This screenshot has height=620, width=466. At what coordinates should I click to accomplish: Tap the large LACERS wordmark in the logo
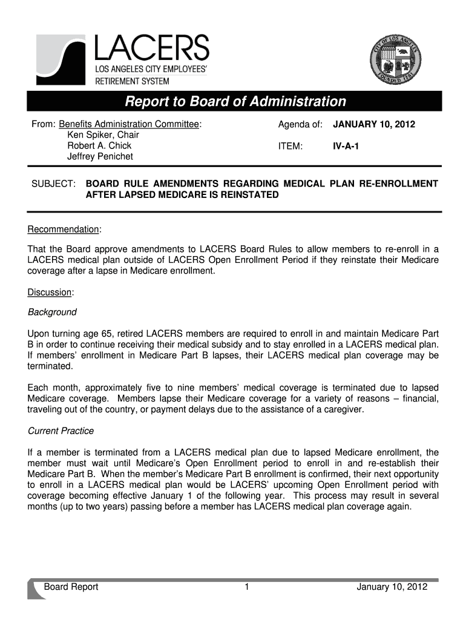pyautogui.click(x=151, y=48)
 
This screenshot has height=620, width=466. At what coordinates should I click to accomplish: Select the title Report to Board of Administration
pyautogui.click(x=235, y=101)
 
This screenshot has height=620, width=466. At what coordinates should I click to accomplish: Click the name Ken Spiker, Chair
pyautogui.click(x=103, y=135)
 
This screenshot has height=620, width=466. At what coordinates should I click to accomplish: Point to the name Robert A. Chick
pyautogui.click(x=99, y=146)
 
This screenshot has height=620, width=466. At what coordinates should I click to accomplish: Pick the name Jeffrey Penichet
pyautogui.click(x=100, y=157)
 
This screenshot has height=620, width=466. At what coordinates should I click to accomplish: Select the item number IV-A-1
pyautogui.click(x=346, y=146)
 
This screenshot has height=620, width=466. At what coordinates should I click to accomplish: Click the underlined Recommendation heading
pyautogui.click(x=64, y=229)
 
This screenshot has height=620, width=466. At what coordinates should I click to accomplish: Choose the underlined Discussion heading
pyautogui.click(x=50, y=292)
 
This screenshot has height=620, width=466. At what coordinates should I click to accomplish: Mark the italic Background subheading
pyautogui.click(x=53, y=312)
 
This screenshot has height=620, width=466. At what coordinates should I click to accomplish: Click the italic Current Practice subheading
pyautogui.click(x=61, y=431)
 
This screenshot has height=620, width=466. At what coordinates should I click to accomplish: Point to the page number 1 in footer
pyautogui.click(x=248, y=587)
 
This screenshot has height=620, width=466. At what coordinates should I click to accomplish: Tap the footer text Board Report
pyautogui.click(x=71, y=587)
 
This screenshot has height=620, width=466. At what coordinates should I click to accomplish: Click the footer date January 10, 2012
pyautogui.click(x=392, y=587)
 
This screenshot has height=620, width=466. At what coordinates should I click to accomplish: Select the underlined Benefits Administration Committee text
pyautogui.click(x=130, y=124)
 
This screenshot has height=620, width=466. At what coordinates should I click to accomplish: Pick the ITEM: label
pyautogui.click(x=290, y=146)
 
